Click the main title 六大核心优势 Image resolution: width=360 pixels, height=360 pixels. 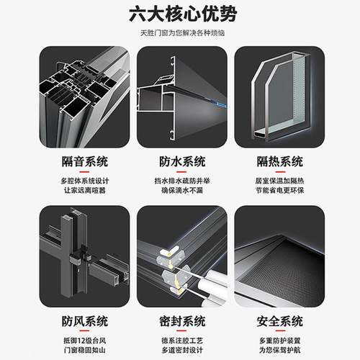[180, 14]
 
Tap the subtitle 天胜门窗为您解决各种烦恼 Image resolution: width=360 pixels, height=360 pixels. [180, 34]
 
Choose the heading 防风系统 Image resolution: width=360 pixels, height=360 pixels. [84, 321]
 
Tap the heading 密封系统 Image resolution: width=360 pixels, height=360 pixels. [181, 321]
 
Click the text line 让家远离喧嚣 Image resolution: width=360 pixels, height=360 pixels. [84, 190]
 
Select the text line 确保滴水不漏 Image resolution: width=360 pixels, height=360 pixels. [181, 190]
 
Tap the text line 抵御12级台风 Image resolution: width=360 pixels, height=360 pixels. [84, 339]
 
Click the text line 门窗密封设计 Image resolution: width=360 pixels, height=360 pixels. [181, 350]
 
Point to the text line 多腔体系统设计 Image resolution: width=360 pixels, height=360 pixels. [84, 179]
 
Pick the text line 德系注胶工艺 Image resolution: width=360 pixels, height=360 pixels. [181, 339]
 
